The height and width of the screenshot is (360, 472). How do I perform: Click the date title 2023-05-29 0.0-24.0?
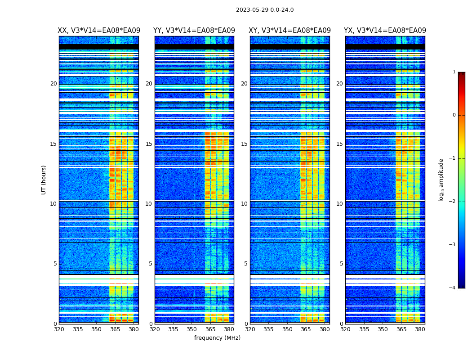265,10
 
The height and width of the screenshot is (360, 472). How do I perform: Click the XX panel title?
99,31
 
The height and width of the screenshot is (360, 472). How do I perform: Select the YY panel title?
194,31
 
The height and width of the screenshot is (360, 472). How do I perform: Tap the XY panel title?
290,31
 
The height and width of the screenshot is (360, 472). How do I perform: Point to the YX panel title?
385,31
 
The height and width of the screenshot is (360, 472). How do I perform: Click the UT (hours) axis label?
44,180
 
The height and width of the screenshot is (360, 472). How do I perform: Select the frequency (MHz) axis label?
217,338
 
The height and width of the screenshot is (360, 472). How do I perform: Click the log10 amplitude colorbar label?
441,180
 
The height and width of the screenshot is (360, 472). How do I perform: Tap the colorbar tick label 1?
454,72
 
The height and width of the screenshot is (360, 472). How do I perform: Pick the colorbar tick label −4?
453,288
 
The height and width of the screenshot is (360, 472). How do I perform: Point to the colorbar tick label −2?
453,202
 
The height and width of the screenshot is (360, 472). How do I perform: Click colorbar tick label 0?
454,115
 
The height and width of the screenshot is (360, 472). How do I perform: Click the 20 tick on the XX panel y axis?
53,84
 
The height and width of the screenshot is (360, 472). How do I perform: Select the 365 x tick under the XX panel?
115,329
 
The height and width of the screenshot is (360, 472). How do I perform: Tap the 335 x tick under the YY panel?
174,329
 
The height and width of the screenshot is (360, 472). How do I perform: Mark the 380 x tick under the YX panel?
420,329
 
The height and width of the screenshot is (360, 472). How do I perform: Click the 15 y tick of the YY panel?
149,144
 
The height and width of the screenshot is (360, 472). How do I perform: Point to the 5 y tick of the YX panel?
341,264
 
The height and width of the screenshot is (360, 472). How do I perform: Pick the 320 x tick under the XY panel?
250,329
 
